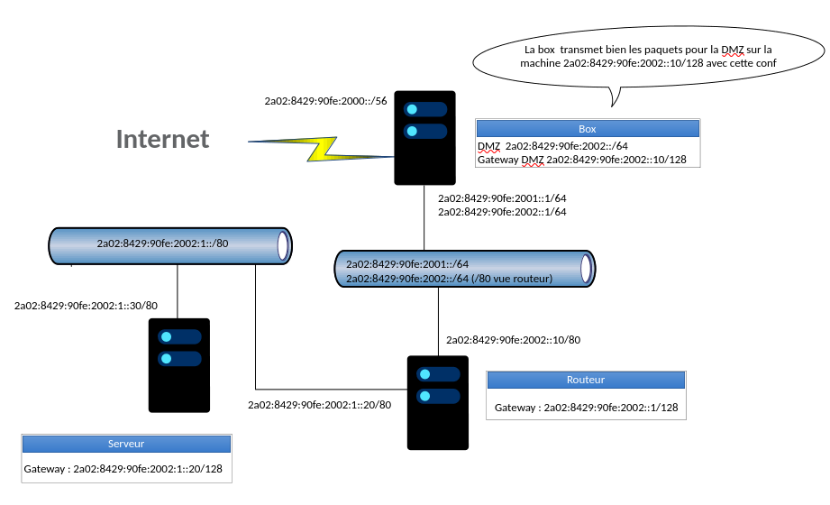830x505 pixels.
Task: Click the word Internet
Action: pos(162,139)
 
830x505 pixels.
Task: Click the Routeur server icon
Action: pos(438,402)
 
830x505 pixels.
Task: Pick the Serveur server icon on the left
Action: pos(179,364)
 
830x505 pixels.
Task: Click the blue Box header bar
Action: pos(588,129)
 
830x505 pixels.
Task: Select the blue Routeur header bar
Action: pos(586,381)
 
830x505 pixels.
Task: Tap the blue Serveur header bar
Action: pos(126,444)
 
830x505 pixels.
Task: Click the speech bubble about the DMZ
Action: pos(648,58)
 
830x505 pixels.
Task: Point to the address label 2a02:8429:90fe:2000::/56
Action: pos(325,101)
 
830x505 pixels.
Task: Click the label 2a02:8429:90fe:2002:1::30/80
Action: pos(86,306)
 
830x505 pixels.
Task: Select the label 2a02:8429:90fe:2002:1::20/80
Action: pos(320,405)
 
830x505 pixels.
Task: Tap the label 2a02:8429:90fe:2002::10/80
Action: pos(513,340)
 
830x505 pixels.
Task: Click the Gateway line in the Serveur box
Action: pos(123,469)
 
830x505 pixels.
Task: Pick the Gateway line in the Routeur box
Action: pos(586,408)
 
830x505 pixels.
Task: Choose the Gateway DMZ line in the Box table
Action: pos(582,160)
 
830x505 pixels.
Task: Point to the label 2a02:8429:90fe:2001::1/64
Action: pos(501,197)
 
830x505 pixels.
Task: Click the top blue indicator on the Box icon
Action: pos(424,109)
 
